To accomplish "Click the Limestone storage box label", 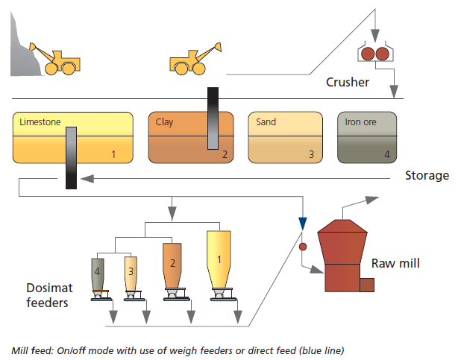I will pos(40,121).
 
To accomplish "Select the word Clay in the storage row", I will pos(164,121).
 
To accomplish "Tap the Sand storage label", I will pos(266,121).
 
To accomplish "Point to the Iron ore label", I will pos(360,121).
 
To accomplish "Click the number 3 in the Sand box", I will pos(312,154).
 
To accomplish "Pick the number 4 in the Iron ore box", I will pos(386,154).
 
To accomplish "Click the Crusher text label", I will pos(348,82).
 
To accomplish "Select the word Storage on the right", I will pos(427,176).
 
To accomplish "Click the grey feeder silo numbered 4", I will pos(98,273).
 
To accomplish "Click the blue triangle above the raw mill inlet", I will pos(302,223).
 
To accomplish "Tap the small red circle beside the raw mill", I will pos(302,245).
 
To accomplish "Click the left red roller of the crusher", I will pos(367,54).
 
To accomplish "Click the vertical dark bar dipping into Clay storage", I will pos(213,119).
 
